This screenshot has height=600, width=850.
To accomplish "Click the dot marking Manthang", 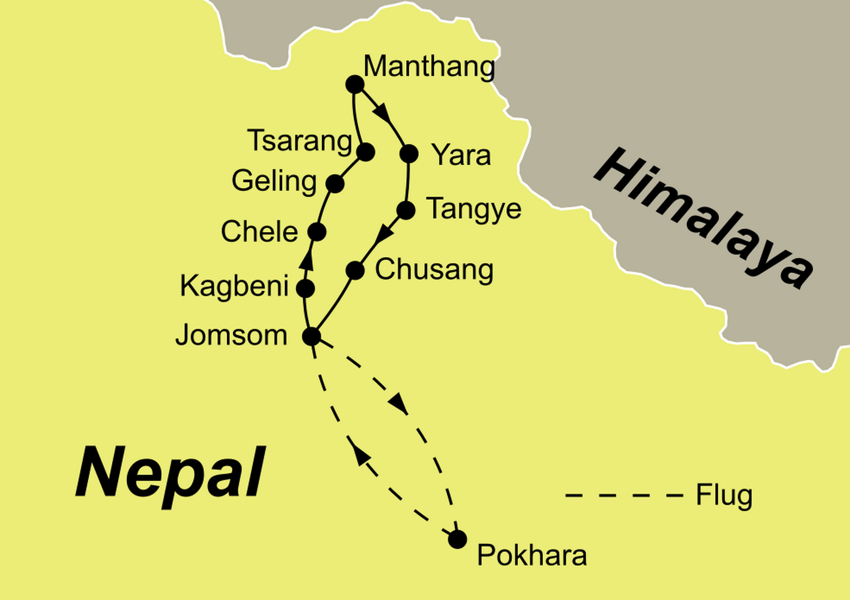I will pos(355,85).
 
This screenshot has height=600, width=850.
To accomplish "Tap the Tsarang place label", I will pos(300,141).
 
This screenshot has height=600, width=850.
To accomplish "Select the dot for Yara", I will pos(408,154).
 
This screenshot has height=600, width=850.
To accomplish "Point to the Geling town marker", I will pos(335,183).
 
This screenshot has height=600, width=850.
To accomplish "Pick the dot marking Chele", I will pos(317,232).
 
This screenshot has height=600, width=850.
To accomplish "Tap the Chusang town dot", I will pos(355,271).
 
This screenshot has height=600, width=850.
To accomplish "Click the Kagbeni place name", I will pos(234,286).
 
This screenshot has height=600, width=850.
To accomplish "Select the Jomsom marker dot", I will pos(311,336).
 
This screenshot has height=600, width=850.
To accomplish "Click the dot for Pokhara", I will pos(457,539).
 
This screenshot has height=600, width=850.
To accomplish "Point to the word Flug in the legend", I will pos(724,496).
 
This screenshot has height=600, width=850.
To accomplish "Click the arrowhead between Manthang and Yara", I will pos(382,112).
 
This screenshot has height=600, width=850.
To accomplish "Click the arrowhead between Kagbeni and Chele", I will pos(307,259).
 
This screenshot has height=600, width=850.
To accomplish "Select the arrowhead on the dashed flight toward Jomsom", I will pos(361,454).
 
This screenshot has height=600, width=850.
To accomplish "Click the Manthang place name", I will pos(429,67).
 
